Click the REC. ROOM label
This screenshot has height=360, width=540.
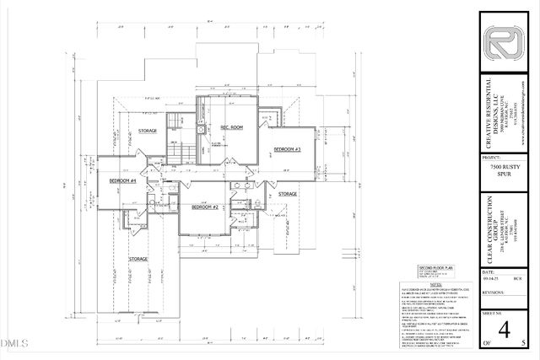[232, 127]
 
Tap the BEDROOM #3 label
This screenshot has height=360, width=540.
[287, 149]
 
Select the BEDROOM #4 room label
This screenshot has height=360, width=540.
[123, 180]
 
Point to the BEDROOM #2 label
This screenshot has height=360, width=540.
[204, 207]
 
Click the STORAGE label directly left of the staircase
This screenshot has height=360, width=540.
[149, 131]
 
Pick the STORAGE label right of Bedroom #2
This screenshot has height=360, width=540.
[288, 194]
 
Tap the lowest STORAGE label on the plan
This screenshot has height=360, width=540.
[138, 258]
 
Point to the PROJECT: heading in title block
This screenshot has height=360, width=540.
[492, 157]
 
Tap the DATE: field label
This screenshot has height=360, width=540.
[488, 273]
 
